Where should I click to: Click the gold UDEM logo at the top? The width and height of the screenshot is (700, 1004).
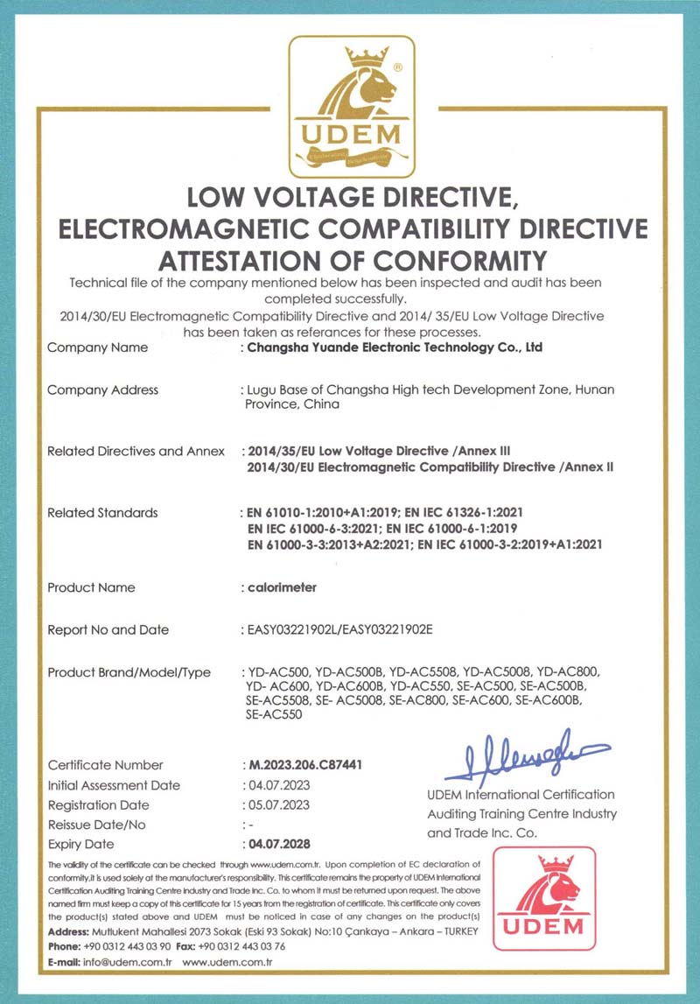[x=352, y=106]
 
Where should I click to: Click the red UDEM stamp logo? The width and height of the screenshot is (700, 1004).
[x=543, y=898]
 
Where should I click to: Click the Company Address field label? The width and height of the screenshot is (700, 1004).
[x=102, y=390]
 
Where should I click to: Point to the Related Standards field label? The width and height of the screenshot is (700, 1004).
[x=102, y=513]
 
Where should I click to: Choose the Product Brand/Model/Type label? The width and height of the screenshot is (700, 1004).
[x=129, y=673]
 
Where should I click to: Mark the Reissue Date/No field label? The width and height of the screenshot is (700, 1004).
[x=96, y=825]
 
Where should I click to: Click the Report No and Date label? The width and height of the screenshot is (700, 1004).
[x=108, y=630]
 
